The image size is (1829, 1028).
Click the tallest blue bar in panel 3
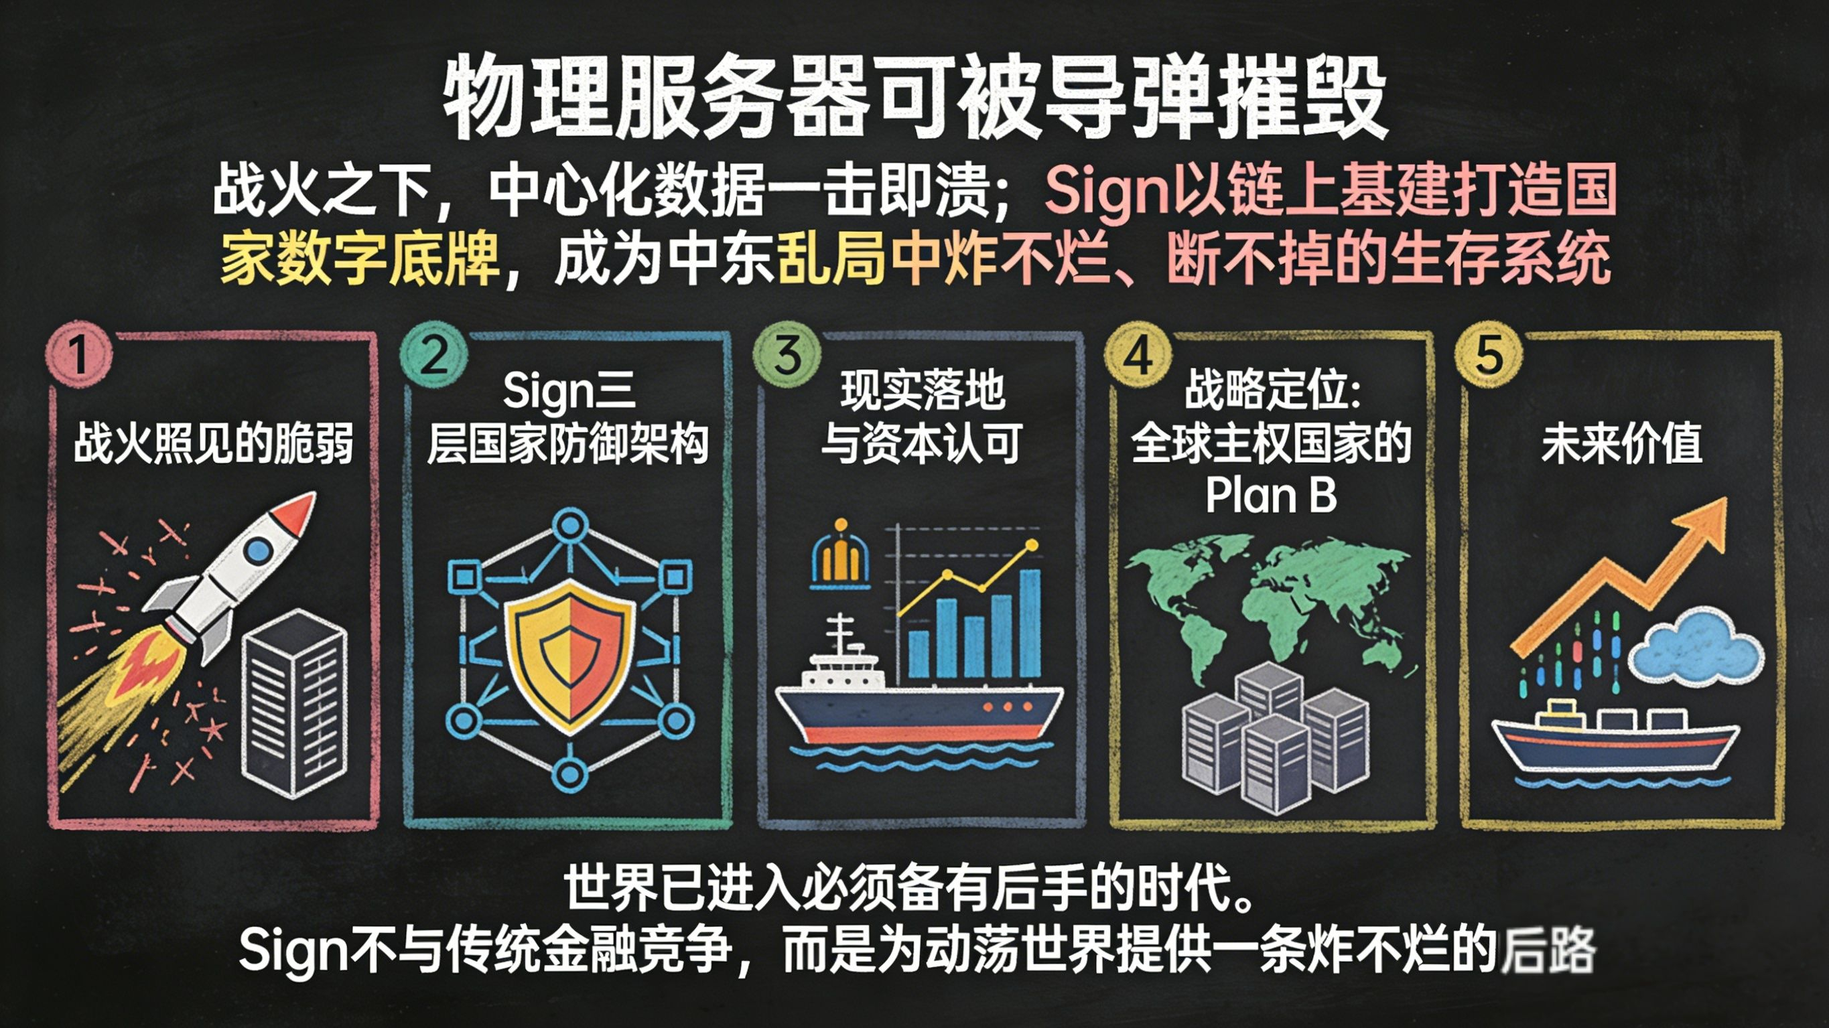point(1030,623)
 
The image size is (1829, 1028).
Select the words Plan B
point(1270,495)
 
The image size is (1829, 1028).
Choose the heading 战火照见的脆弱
point(213,444)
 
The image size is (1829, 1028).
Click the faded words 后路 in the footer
point(1548,950)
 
